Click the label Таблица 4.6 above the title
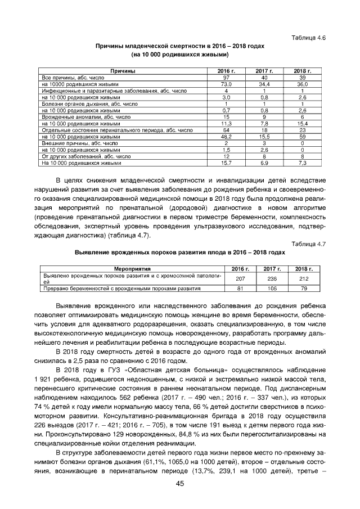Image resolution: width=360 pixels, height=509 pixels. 309,37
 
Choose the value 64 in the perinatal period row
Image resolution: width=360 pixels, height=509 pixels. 226,130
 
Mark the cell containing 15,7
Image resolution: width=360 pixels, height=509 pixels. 226,163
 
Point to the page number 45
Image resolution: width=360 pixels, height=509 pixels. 180,484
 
